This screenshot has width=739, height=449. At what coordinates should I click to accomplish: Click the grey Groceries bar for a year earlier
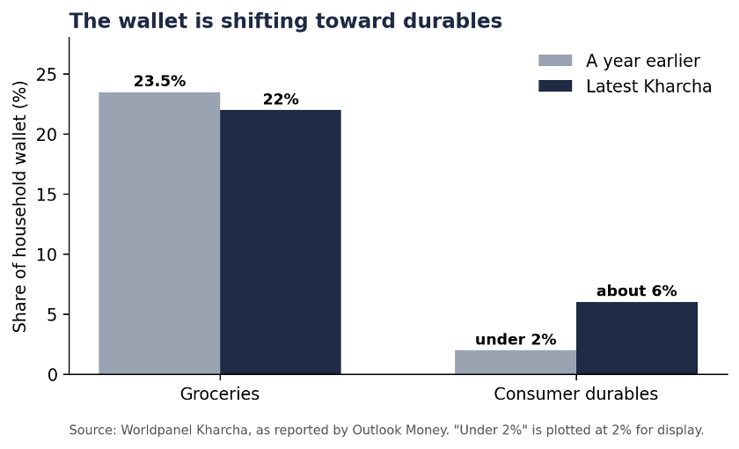[159, 233]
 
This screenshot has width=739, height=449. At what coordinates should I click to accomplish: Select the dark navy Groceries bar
[281, 242]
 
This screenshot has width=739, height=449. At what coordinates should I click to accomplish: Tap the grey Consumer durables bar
[516, 362]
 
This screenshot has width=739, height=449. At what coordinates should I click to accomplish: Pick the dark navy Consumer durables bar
[637, 338]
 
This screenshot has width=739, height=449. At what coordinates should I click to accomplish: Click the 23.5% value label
[159, 81]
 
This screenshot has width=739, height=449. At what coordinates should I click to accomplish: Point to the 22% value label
[281, 99]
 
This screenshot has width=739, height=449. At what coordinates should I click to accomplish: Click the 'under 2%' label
[516, 340]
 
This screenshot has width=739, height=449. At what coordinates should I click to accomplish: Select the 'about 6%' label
[637, 291]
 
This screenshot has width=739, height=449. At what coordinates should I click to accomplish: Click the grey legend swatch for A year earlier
[555, 61]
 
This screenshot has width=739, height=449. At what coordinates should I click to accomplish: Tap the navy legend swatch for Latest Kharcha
[555, 86]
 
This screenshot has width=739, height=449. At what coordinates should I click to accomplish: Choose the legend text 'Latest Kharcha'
[648, 86]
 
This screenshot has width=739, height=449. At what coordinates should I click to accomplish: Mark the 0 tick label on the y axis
[52, 375]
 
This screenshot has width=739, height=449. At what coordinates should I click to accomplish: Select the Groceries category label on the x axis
[220, 394]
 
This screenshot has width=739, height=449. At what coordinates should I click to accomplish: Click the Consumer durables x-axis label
[576, 394]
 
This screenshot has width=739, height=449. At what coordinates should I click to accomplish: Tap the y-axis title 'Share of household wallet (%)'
[19, 207]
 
